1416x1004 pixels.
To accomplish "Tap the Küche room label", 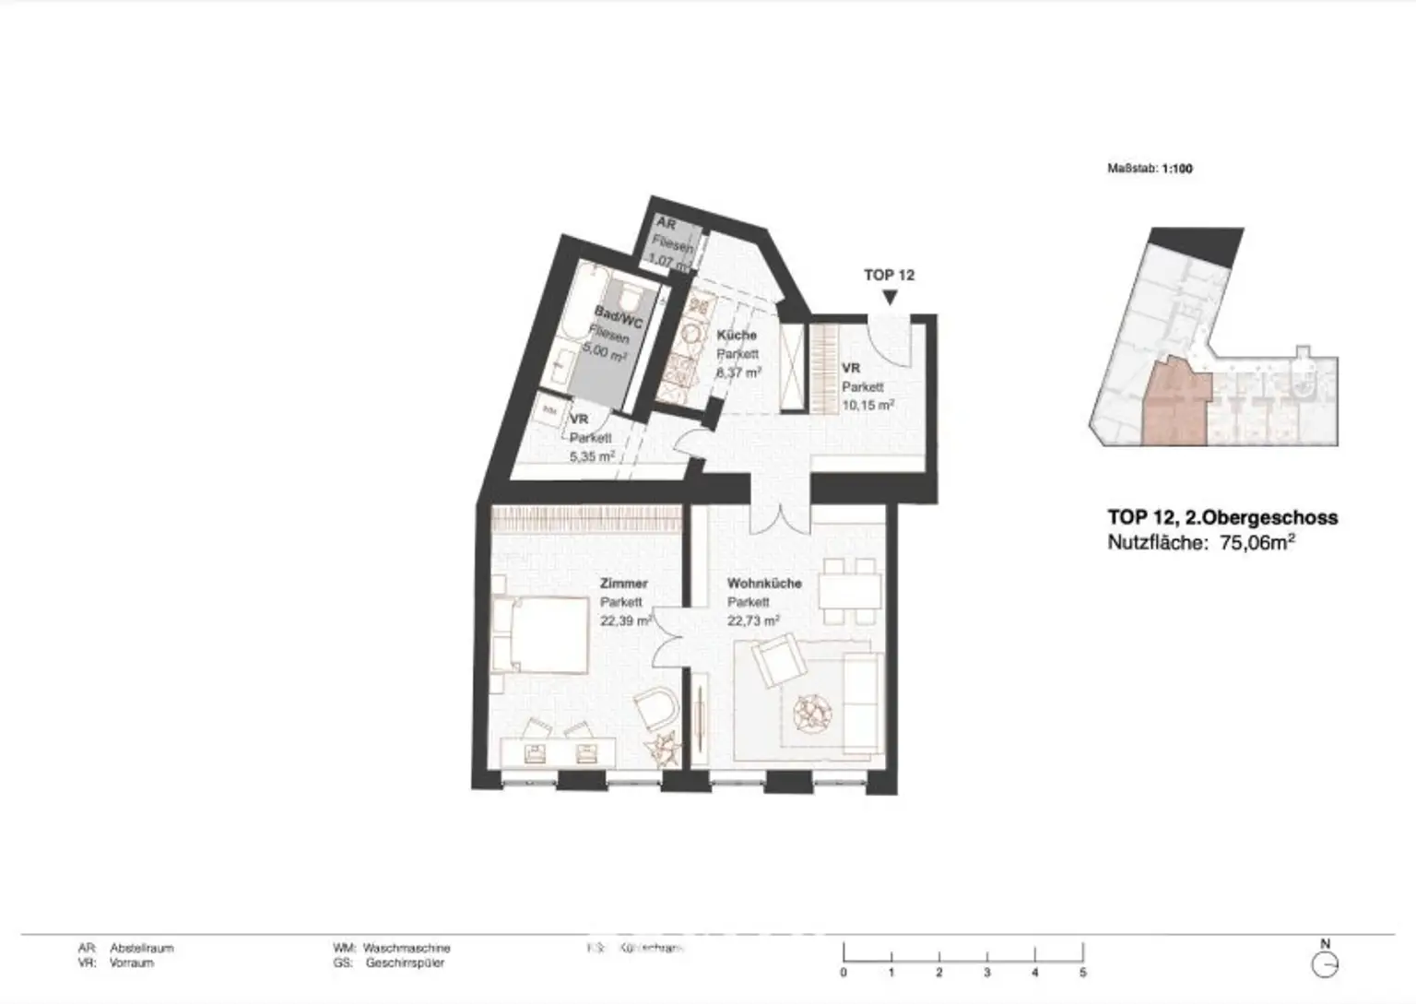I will [737, 336].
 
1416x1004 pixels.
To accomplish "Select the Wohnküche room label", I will [764, 584].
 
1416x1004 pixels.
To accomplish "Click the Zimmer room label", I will [623, 584].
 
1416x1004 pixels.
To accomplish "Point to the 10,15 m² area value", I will [867, 405].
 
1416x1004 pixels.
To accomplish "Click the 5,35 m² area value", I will [592, 455].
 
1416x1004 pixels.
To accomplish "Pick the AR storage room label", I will [666, 225].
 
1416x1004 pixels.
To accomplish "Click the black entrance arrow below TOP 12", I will [890, 298].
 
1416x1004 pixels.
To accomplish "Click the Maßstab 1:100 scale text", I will [1150, 169].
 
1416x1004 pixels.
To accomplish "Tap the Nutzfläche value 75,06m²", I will [1257, 543].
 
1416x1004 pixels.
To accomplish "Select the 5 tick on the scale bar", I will [1083, 972].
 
